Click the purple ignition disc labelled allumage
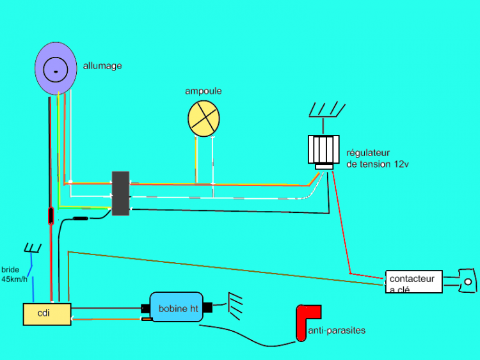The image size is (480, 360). pos(56,70)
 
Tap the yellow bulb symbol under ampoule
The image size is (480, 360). pos(204,118)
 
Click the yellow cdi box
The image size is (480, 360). pos(47,314)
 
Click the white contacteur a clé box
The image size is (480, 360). pos(413,282)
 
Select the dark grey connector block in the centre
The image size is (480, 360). pos(120,193)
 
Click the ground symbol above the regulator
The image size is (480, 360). pos(326,110)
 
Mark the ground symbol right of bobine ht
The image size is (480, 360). pos(236,306)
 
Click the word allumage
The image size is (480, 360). pos(102,65)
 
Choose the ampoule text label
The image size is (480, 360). pos(204,91)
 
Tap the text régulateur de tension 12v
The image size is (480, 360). pos(378,159)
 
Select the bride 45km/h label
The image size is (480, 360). pos(14,275)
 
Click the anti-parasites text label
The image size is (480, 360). pos(337,331)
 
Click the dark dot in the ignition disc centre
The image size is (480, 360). pos(56,71)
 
